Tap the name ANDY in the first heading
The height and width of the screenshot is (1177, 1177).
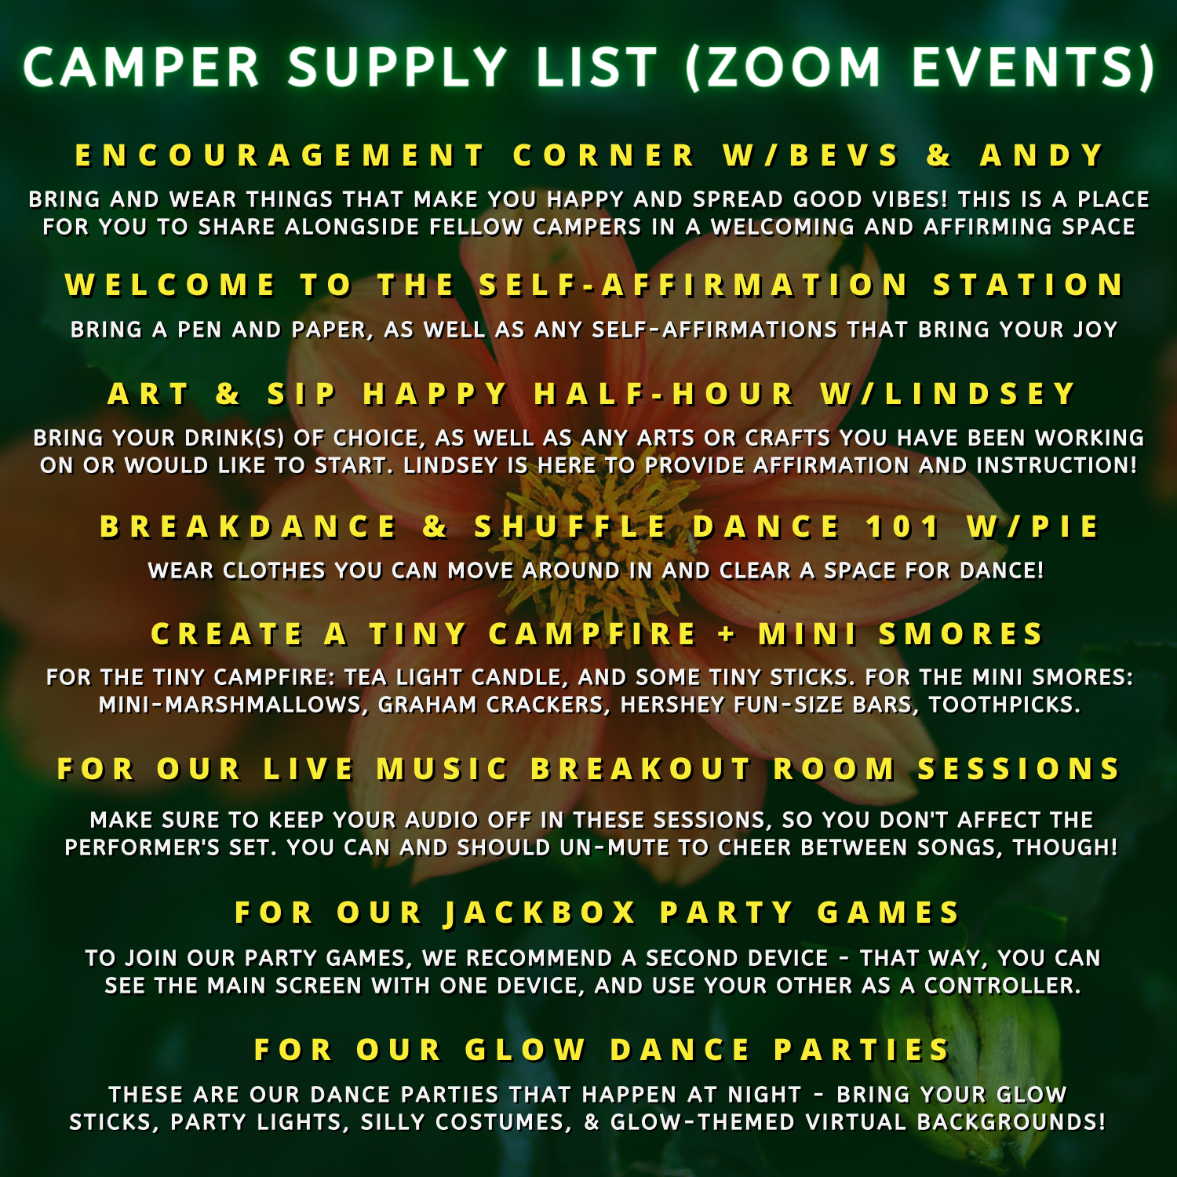pyautogui.click(x=1043, y=155)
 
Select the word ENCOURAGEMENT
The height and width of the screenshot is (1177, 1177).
pyautogui.click(x=280, y=155)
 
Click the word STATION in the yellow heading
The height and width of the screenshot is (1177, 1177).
pyautogui.click(x=1029, y=285)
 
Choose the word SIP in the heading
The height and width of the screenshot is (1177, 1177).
pyautogui.click(x=302, y=394)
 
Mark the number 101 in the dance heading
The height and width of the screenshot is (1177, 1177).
pyautogui.click(x=902, y=527)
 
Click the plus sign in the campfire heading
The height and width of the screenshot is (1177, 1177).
pyautogui.click(x=727, y=634)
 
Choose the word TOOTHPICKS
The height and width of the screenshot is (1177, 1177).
pyautogui.click(x=1004, y=705)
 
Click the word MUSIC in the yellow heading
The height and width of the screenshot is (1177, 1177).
pyautogui.click(x=443, y=769)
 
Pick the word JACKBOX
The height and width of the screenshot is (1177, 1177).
pyautogui.click(x=540, y=913)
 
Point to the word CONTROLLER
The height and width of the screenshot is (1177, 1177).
pyautogui.click(x=1002, y=986)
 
